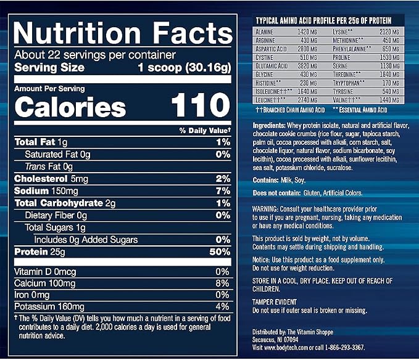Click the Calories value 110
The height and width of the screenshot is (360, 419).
pyautogui.click(x=201, y=105)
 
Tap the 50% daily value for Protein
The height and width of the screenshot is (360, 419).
pyautogui.click(x=220, y=252)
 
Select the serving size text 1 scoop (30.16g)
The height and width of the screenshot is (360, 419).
pyautogui.click(x=185, y=68)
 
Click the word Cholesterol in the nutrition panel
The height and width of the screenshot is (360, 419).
pyautogui.click(x=41, y=179)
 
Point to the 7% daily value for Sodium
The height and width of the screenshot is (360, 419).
pyautogui.click(x=223, y=191)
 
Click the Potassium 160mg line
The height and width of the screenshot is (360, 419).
pyautogui.click(x=49, y=306)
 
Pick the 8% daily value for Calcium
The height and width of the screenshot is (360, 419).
pyautogui.click(x=222, y=283)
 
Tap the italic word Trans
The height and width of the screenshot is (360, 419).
pyautogui.click(x=35, y=166)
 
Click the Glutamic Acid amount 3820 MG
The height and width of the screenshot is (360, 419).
pyautogui.click(x=307, y=66)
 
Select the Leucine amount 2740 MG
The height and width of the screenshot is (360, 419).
pyautogui.click(x=307, y=100)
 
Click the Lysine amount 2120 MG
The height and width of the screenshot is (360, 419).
pyautogui.click(x=389, y=32)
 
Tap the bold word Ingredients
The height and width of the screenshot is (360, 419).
pyautogui.click(x=269, y=125)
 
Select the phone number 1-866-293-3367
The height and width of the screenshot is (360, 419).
pyautogui.click(x=344, y=348)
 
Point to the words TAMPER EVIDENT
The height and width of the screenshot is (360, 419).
pyautogui.click(x=275, y=302)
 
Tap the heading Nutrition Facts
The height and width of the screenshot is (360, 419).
pyautogui.click(x=123, y=33)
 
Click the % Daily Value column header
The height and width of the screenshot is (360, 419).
pyautogui.click(x=205, y=131)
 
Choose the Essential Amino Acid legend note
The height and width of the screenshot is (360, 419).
pyautogui.click(x=360, y=110)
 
